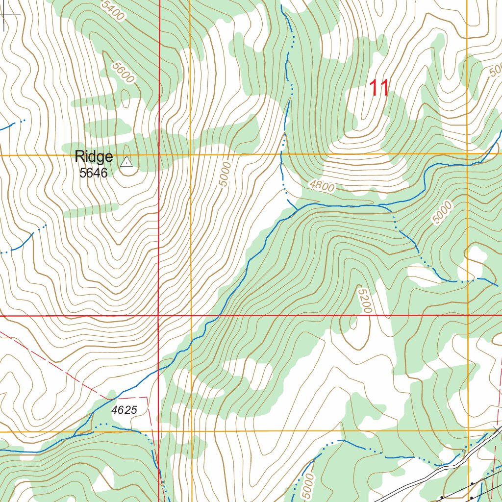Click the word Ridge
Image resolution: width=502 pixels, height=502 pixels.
coord(94,157)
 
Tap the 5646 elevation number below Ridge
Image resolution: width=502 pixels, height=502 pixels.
coord(93,173)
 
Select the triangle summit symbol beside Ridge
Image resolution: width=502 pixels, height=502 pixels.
coord(126,161)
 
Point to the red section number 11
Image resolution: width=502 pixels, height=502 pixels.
coord(378,88)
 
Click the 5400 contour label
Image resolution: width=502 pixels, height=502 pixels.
coord(113,10)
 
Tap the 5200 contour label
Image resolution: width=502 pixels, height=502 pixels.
coord(365,301)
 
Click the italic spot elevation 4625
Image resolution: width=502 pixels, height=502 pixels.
coord(124,410)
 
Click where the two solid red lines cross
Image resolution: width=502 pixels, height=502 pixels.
coord(159,316)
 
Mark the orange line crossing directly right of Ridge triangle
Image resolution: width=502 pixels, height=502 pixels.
coord(190,155)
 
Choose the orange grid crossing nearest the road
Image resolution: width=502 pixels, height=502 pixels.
coord(468,430)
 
